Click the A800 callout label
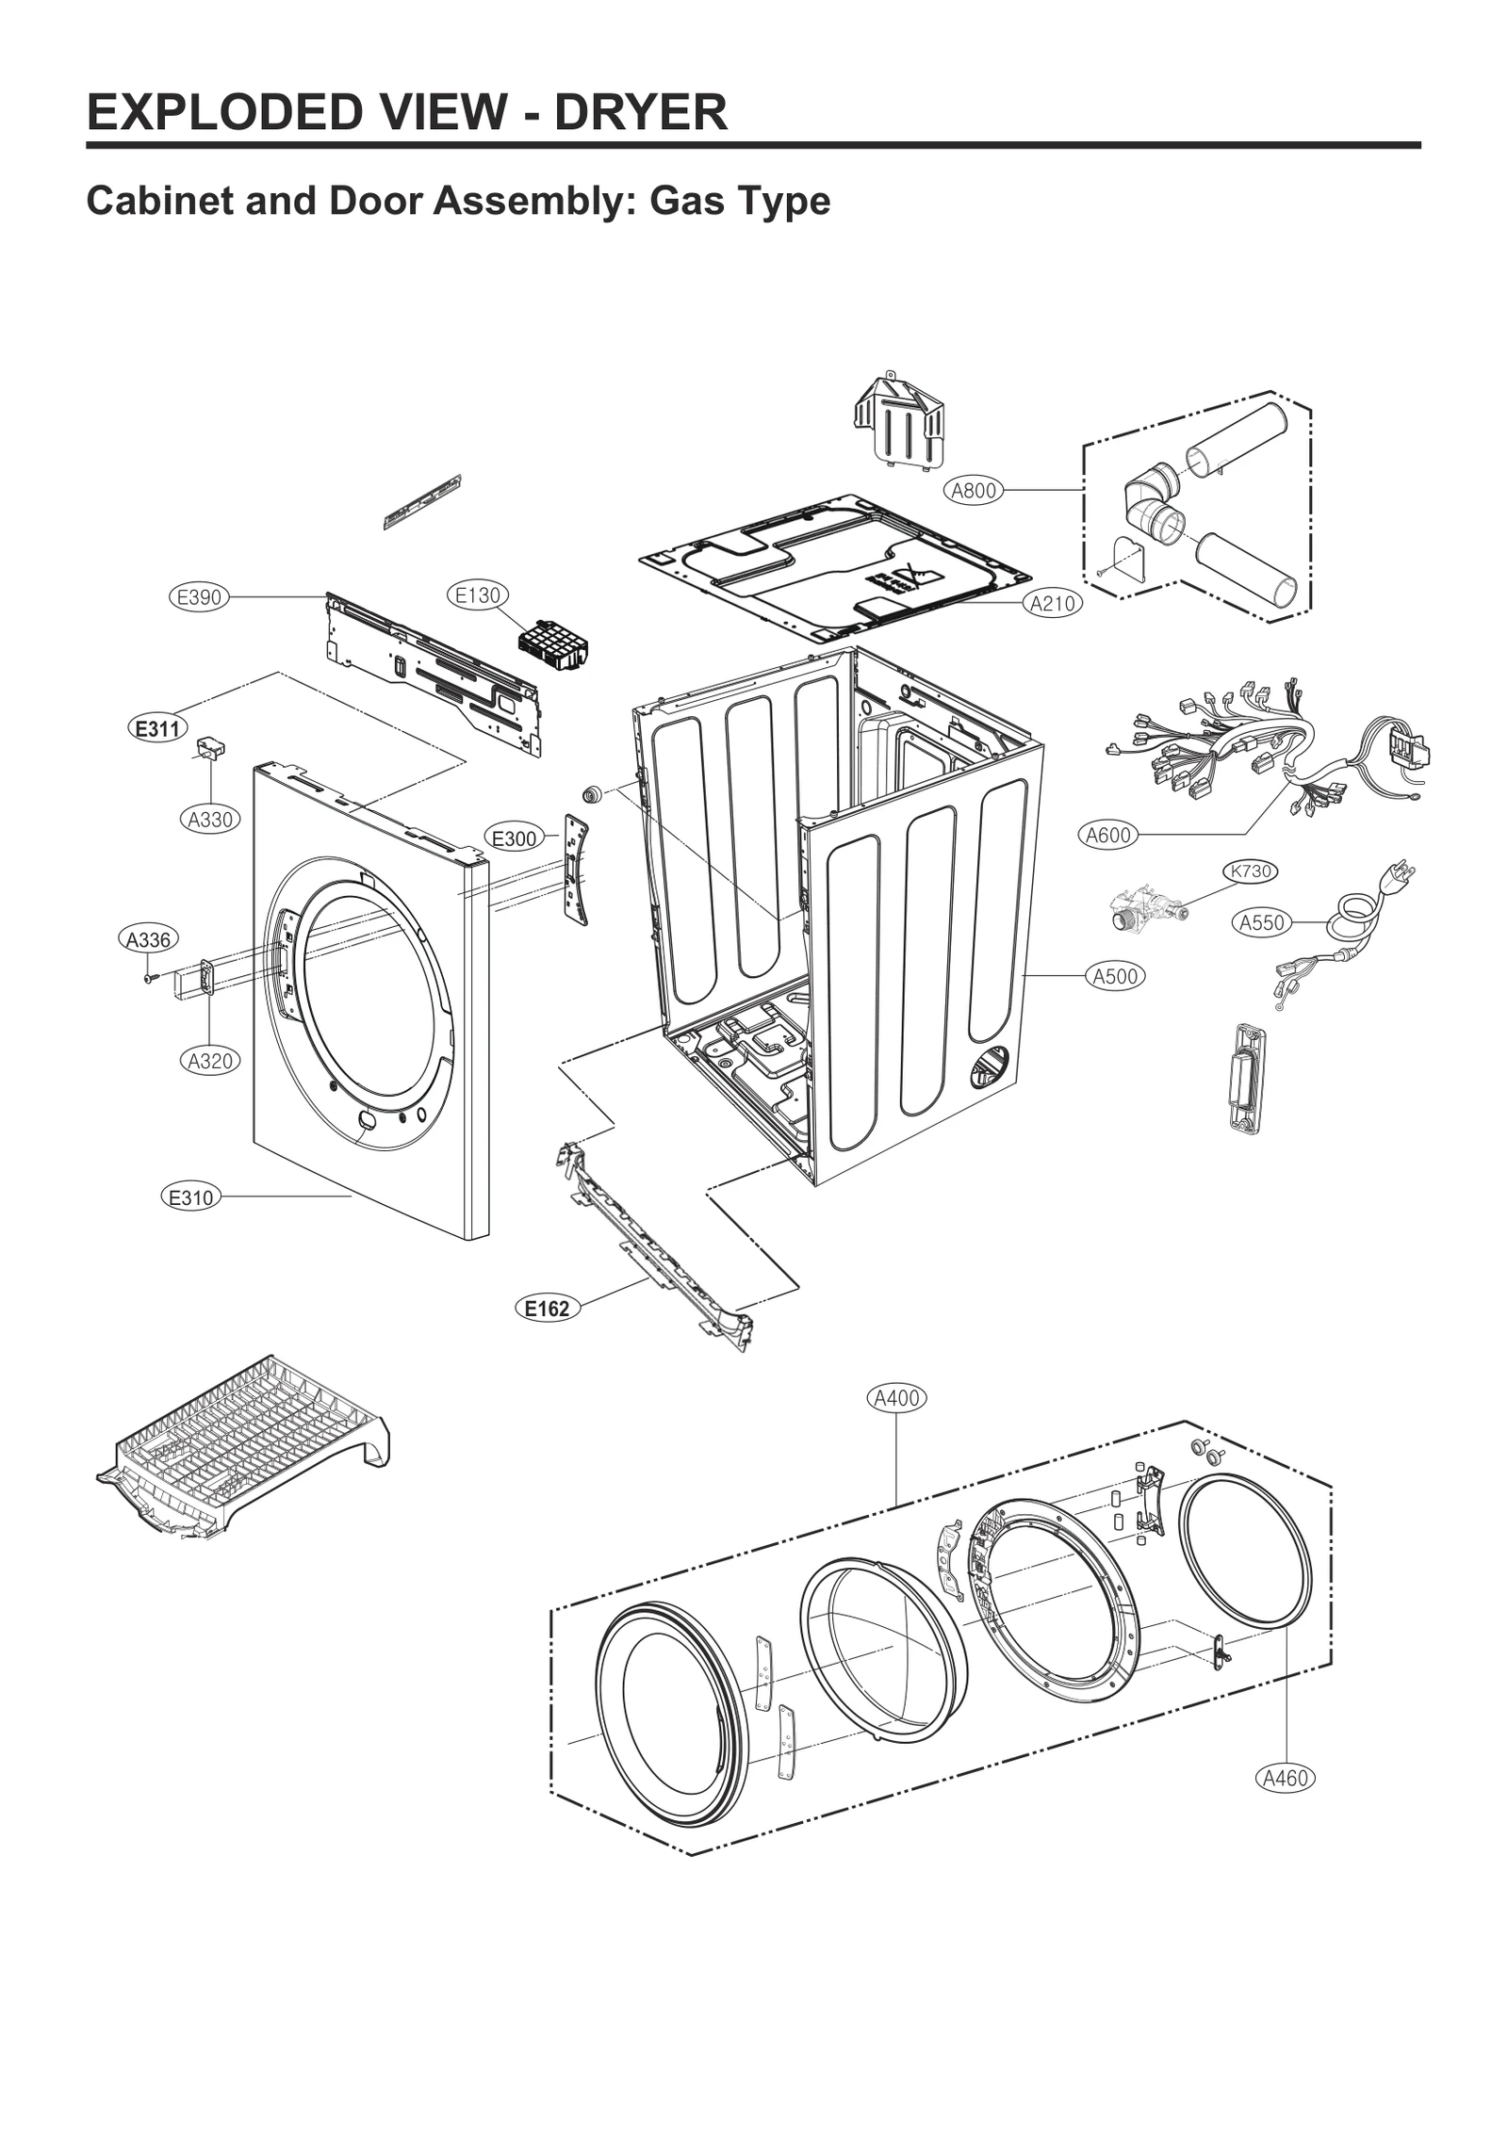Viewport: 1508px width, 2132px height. pos(973,490)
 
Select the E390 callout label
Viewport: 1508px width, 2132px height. pos(199,596)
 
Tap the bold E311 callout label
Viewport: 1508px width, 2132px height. pos(157,728)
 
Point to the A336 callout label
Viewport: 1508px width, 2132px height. pos(149,939)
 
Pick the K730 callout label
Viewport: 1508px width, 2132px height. pos(1250,871)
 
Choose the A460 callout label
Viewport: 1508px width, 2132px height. pos(1286,1778)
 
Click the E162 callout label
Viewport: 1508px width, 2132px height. pos(547,1308)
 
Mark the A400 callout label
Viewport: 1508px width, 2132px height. pos(896,1398)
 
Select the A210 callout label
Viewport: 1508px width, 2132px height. pos(1053,604)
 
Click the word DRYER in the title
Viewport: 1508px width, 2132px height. pos(640,112)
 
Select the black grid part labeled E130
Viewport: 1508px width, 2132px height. pos(553,645)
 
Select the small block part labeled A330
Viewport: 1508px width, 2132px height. pos(210,748)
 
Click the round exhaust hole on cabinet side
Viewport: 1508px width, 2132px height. pos(990,1067)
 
